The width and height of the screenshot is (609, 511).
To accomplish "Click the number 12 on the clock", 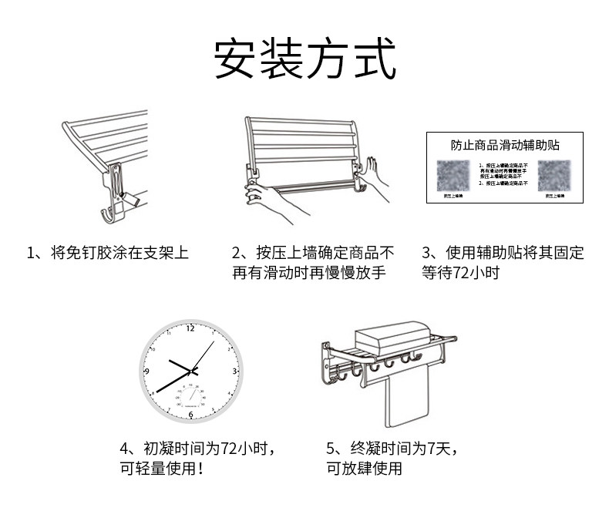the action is pyautogui.click(x=190, y=328).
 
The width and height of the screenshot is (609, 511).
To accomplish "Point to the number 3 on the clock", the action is pyautogui.click(x=234, y=371).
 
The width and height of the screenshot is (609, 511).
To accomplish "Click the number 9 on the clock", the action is pyautogui.click(x=146, y=371).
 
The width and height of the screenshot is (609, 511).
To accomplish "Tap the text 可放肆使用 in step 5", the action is pyautogui.click(x=364, y=469).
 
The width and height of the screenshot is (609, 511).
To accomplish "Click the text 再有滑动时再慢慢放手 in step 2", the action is pyautogui.click(x=308, y=274).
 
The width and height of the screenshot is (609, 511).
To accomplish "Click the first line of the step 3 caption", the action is pyautogui.click(x=503, y=253).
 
